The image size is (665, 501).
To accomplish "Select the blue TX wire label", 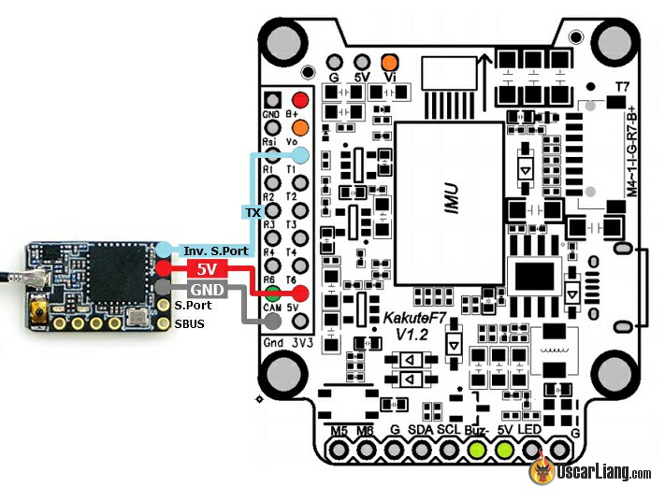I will pyautogui.click(x=253, y=212).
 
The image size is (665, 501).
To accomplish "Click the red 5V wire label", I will pyautogui.click(x=206, y=269).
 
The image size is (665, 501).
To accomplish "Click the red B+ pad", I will pyautogui.click(x=300, y=100).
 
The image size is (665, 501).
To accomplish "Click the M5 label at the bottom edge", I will pyautogui.click(x=340, y=430).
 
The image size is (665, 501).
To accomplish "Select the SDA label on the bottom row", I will pyautogui.click(x=422, y=430).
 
